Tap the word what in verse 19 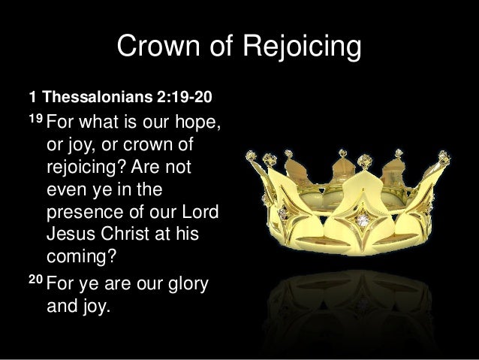(106, 123)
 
